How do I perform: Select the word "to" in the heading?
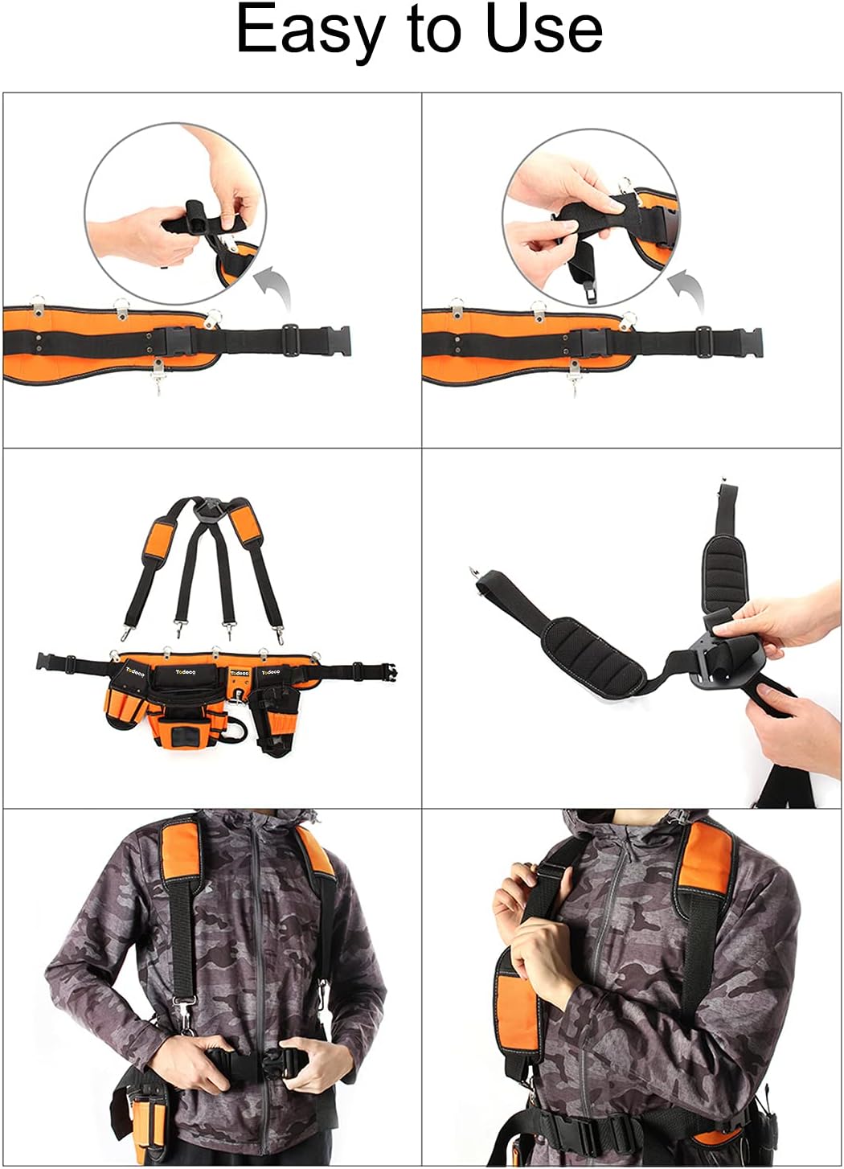pyautogui.click(x=434, y=31)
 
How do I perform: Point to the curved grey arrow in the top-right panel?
pyautogui.click(x=686, y=289)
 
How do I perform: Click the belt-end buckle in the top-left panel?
pyautogui.click(x=336, y=342)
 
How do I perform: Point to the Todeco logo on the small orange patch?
pyautogui.click(x=240, y=673)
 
